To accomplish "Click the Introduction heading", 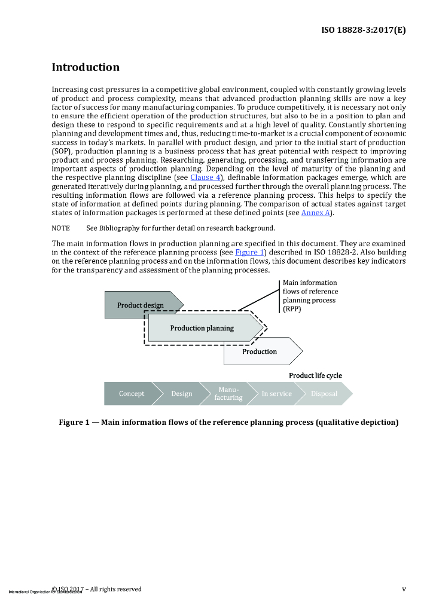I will (86, 68).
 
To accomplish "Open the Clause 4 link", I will (205, 178).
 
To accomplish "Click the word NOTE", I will (60, 228).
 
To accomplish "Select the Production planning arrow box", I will (202, 328).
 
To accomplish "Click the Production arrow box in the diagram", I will (260, 351).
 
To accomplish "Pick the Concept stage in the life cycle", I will (132, 393).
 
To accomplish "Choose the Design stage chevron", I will (182, 393).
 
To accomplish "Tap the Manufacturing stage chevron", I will (228, 393).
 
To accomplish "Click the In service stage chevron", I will (277, 393).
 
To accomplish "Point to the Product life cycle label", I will (315, 375).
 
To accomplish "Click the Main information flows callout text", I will (310, 296).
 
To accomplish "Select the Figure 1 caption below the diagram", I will (228, 423).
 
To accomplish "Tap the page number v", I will (404, 589).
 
